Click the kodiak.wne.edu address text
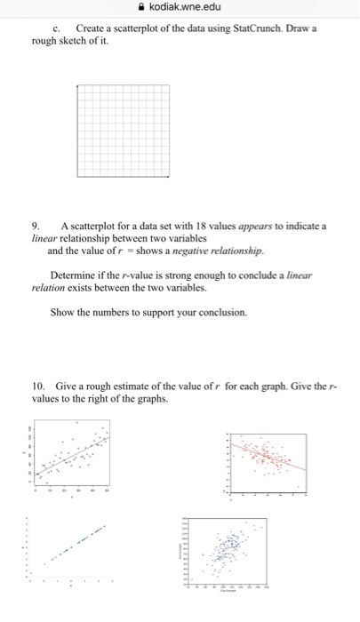pyautogui.click(x=188, y=9)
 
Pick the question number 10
pyautogui.click(x=38, y=388)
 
